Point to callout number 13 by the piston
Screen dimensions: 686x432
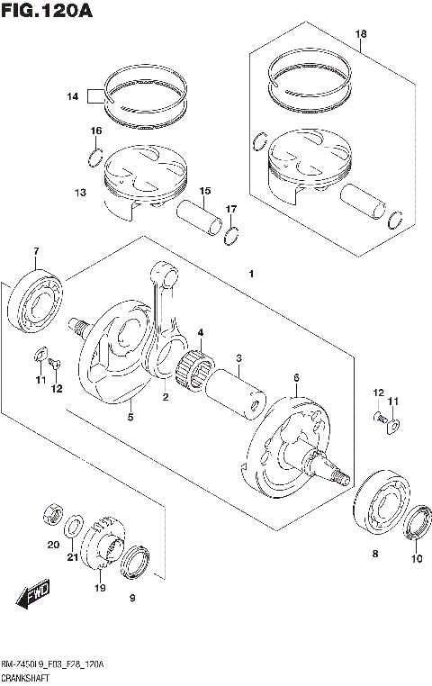[80, 193]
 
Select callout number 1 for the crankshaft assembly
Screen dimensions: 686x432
[252, 273]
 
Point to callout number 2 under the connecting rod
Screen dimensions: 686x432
[166, 396]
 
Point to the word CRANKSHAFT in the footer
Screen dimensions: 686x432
[27, 676]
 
